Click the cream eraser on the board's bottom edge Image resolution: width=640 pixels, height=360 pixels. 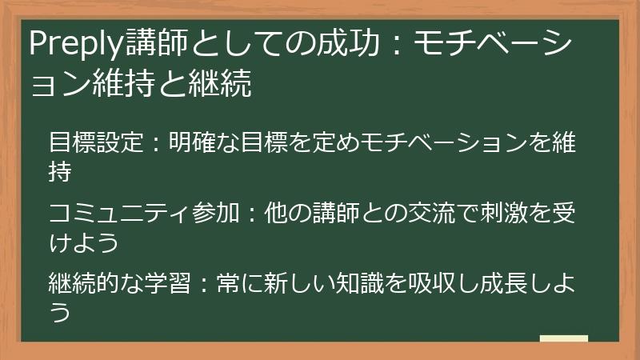[563, 339]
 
